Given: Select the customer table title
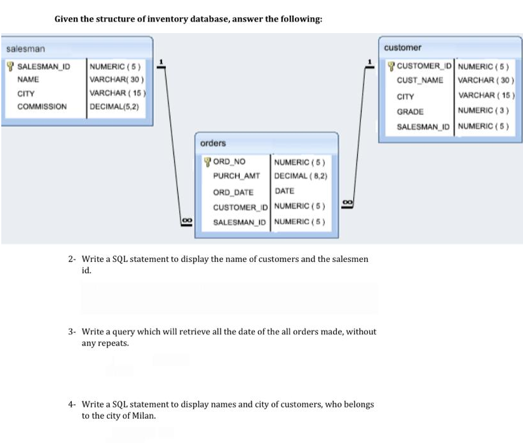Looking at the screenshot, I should (402, 48).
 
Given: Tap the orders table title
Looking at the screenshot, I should (213, 143).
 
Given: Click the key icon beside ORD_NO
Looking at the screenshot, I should (207, 162).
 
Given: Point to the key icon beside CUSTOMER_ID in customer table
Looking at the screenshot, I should (391, 65).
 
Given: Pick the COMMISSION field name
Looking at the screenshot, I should (42, 106).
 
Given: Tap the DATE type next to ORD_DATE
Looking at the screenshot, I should (284, 191).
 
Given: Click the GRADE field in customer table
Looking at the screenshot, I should (410, 111).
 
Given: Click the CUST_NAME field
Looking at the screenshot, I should (420, 80).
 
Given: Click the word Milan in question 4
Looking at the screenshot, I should (143, 416).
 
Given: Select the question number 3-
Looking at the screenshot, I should (72, 332).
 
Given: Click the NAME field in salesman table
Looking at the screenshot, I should (28, 79).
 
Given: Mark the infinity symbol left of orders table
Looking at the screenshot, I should (186, 220).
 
